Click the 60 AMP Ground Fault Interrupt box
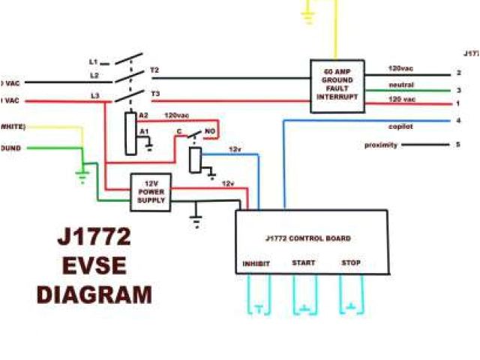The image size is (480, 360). pos(337,86)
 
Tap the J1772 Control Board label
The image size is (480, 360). pos(308,238)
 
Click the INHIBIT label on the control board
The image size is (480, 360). pos(256,263)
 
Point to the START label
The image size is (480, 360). pos(304,263)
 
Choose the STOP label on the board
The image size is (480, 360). pos(350,263)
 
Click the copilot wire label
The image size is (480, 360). pos(400,127)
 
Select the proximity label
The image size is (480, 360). pos(381,145)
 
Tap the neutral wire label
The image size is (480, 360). pos(401,85)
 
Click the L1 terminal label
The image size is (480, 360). pos(94,61)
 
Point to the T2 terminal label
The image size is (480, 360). pos(154,70)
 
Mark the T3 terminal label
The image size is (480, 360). pos(154,93)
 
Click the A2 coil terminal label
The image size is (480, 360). pos(143,115)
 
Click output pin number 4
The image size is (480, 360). pos(457,121)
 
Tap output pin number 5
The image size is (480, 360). pos(457,145)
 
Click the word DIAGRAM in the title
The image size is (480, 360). pos(95,294)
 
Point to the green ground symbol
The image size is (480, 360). pos(81,178)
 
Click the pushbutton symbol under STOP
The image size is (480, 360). pos(350,305)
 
